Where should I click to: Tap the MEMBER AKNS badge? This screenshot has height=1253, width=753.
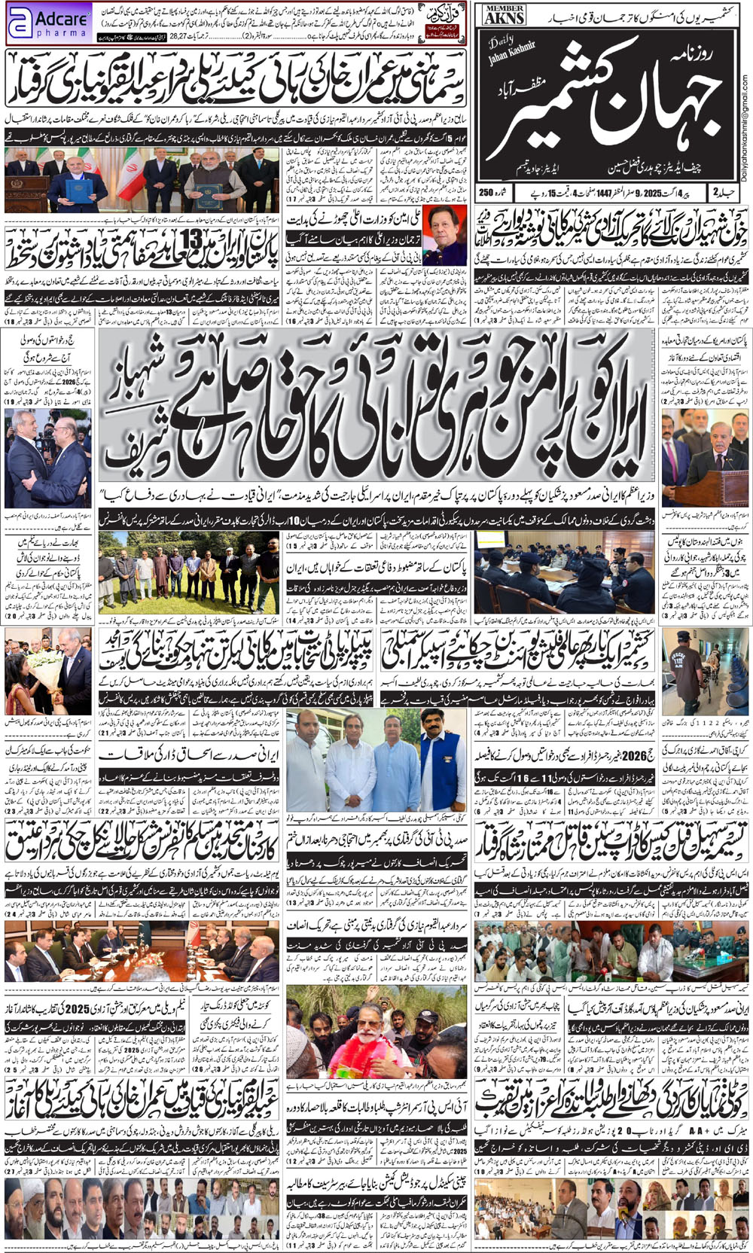coord(505,15)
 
